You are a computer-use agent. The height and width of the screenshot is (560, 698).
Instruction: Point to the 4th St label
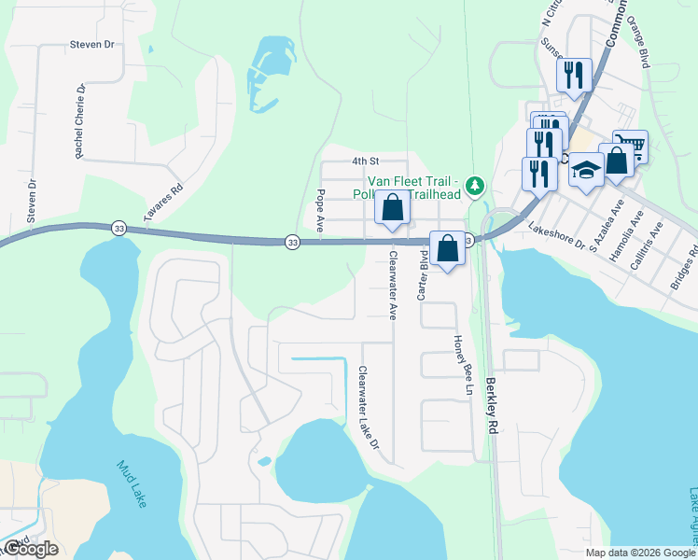(x=364, y=161)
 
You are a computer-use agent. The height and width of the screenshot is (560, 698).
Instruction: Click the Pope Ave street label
(x=320, y=211)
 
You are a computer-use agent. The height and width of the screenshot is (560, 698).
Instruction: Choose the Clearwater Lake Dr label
(x=369, y=408)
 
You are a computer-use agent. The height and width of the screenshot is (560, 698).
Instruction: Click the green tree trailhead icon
(x=477, y=186)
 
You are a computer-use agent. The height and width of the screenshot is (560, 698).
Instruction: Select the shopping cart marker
(x=631, y=143)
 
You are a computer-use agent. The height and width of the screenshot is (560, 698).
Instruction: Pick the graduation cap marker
(x=586, y=169)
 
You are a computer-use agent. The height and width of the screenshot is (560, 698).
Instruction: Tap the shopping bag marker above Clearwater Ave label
(x=393, y=207)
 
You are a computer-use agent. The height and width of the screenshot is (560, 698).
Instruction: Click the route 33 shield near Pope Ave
(x=292, y=242)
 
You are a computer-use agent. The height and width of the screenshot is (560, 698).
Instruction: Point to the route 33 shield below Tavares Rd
(x=119, y=228)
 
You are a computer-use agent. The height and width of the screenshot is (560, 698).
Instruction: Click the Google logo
(x=31, y=549)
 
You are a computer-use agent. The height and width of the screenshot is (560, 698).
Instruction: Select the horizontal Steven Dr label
(x=91, y=44)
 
